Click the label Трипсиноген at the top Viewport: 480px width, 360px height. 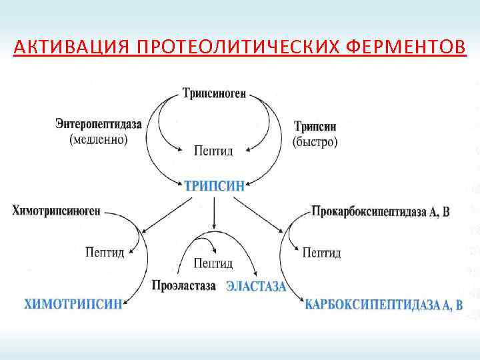[x=214, y=94]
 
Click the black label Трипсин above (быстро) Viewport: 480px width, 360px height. [x=315, y=127]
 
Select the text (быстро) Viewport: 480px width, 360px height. [x=315, y=141]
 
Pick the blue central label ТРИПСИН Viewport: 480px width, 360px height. [x=214, y=186]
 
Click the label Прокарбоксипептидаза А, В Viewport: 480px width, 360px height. [x=381, y=212]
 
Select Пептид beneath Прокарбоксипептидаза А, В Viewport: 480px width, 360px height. [x=321, y=253]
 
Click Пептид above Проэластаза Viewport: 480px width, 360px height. [x=213, y=263]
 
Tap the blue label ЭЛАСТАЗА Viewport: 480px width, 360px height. [x=256, y=287]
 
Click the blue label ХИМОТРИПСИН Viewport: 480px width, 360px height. [x=73, y=305]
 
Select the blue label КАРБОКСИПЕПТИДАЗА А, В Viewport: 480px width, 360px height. [x=383, y=305]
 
